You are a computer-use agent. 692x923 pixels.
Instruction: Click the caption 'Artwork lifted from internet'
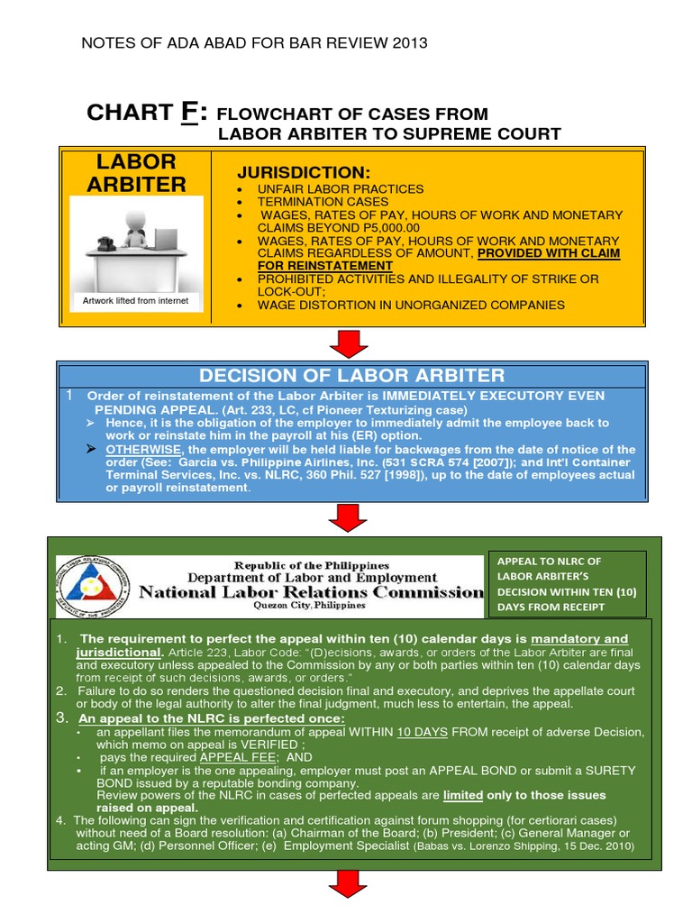point(135,301)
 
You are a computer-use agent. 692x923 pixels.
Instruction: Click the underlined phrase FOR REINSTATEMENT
point(324,266)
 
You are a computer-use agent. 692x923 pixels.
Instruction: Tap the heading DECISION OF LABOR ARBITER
point(351,376)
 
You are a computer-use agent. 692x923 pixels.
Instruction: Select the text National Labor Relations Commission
point(311,592)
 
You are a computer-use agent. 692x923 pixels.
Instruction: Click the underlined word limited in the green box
point(462,795)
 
